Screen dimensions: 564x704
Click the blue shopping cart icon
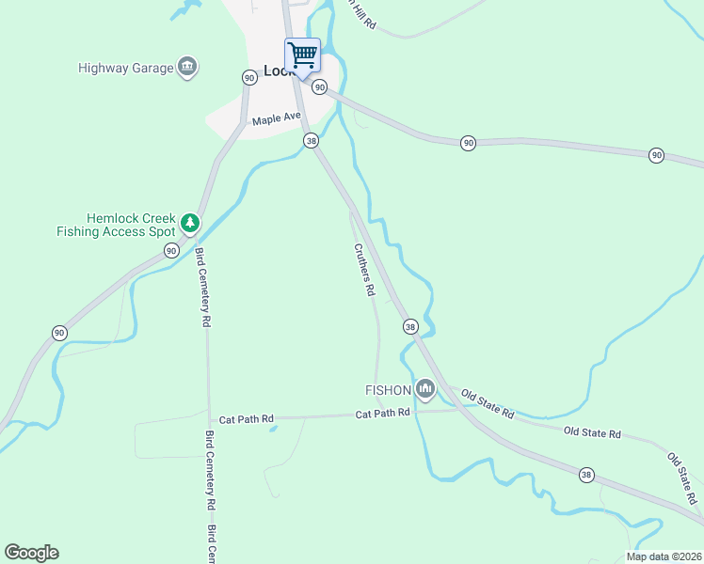pos(302,55)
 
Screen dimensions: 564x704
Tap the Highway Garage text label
pos(126,68)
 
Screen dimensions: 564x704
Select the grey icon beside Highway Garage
pos(187,67)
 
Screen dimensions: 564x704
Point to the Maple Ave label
pos(276,120)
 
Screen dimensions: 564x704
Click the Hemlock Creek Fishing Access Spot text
pos(118,225)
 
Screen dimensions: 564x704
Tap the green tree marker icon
pos(191,223)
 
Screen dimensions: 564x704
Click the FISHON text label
pos(388,389)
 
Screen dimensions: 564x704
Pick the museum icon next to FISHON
pos(425,388)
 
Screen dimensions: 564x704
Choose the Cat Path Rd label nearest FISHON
pos(383,413)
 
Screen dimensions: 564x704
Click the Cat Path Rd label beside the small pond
pos(246,418)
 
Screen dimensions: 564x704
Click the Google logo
pos(31,553)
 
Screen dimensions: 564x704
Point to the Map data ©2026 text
pos(663,556)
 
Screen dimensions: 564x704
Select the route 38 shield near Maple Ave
pos(312,140)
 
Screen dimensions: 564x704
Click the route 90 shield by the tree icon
pos(171,250)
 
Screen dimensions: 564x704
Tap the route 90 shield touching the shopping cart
pos(320,87)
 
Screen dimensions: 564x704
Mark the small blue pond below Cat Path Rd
pos(273,429)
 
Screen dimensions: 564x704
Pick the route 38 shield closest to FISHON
pos(410,326)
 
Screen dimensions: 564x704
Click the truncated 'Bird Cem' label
pos(212,544)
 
